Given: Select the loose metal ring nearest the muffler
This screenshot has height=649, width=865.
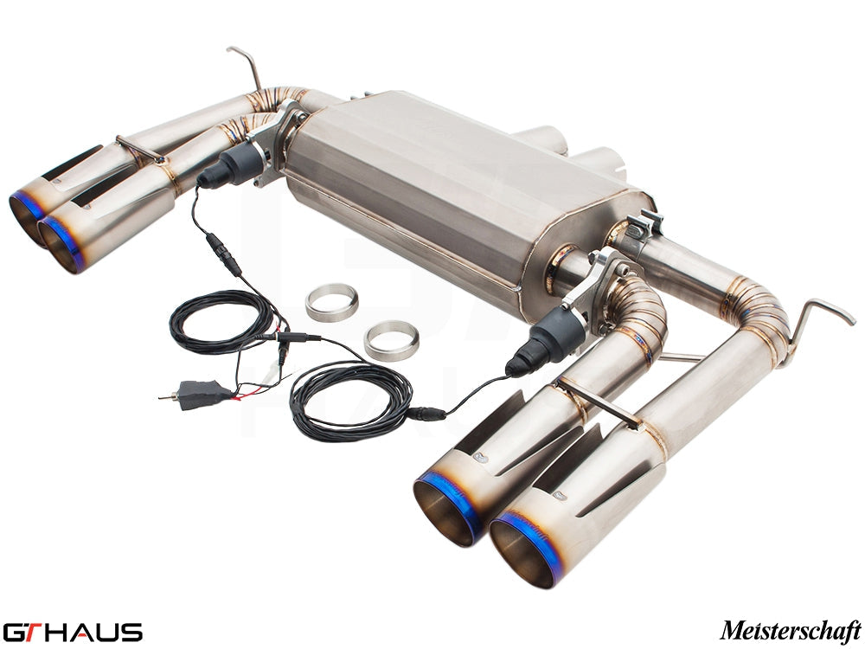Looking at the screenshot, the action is pyautogui.click(x=331, y=301).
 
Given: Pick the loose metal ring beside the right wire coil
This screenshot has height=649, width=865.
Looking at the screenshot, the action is pyautogui.click(x=391, y=340).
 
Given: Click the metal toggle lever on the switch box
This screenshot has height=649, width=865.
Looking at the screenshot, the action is pyautogui.click(x=170, y=396).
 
